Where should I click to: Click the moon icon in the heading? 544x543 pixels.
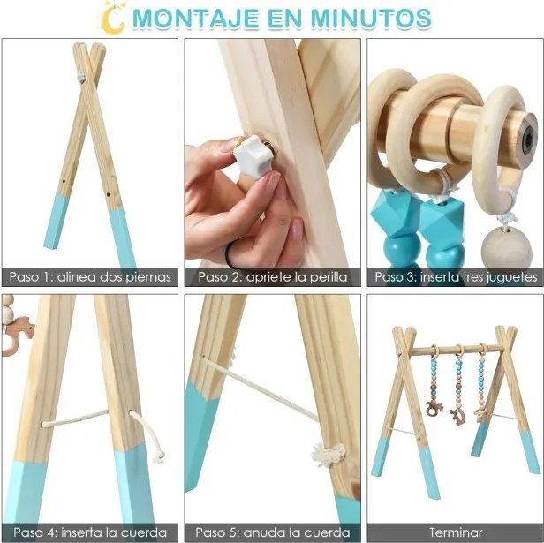[x=112, y=17]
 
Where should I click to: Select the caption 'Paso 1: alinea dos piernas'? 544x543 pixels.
[x=90, y=276]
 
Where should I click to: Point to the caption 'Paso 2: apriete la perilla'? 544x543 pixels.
[x=272, y=276]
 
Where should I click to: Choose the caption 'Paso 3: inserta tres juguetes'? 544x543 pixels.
[x=455, y=276]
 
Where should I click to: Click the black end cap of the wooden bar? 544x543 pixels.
[x=529, y=138]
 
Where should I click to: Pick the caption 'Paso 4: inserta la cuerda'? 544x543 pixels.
[x=90, y=532]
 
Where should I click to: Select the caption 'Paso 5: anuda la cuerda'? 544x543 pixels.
[x=272, y=532]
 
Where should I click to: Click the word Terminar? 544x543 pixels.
[x=455, y=532]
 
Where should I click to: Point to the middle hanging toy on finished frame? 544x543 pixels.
[x=458, y=388]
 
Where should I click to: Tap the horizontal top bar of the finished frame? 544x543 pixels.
[x=456, y=349]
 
